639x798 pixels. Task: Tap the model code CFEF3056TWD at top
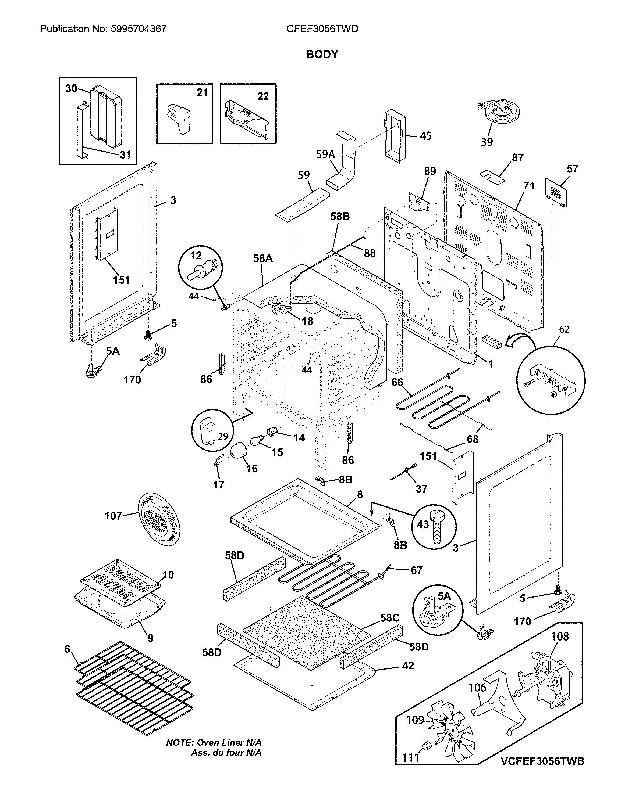click(x=322, y=29)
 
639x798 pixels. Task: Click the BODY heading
click(x=322, y=54)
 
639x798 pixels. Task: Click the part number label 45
click(x=426, y=136)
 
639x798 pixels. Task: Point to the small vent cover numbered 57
click(x=556, y=192)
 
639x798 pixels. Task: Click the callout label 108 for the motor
click(x=560, y=636)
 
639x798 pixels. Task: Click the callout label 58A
click(x=263, y=258)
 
